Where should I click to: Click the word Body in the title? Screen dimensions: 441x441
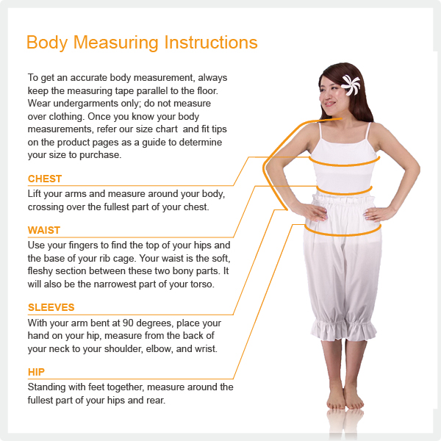(47, 43)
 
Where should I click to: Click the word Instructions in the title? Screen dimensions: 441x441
(211, 43)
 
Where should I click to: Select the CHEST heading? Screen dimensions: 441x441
(45, 179)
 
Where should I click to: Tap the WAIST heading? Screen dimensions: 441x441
(44, 230)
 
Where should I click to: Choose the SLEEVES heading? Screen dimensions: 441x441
(51, 307)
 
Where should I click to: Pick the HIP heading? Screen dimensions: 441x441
(36, 372)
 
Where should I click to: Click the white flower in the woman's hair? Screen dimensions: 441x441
(351, 85)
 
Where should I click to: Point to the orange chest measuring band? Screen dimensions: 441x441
(344, 165)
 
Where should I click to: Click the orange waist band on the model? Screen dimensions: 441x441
(345, 193)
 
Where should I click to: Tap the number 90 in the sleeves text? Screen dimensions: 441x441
(128, 323)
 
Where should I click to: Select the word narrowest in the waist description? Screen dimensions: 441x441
(115, 284)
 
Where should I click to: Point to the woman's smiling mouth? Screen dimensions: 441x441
(329, 104)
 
